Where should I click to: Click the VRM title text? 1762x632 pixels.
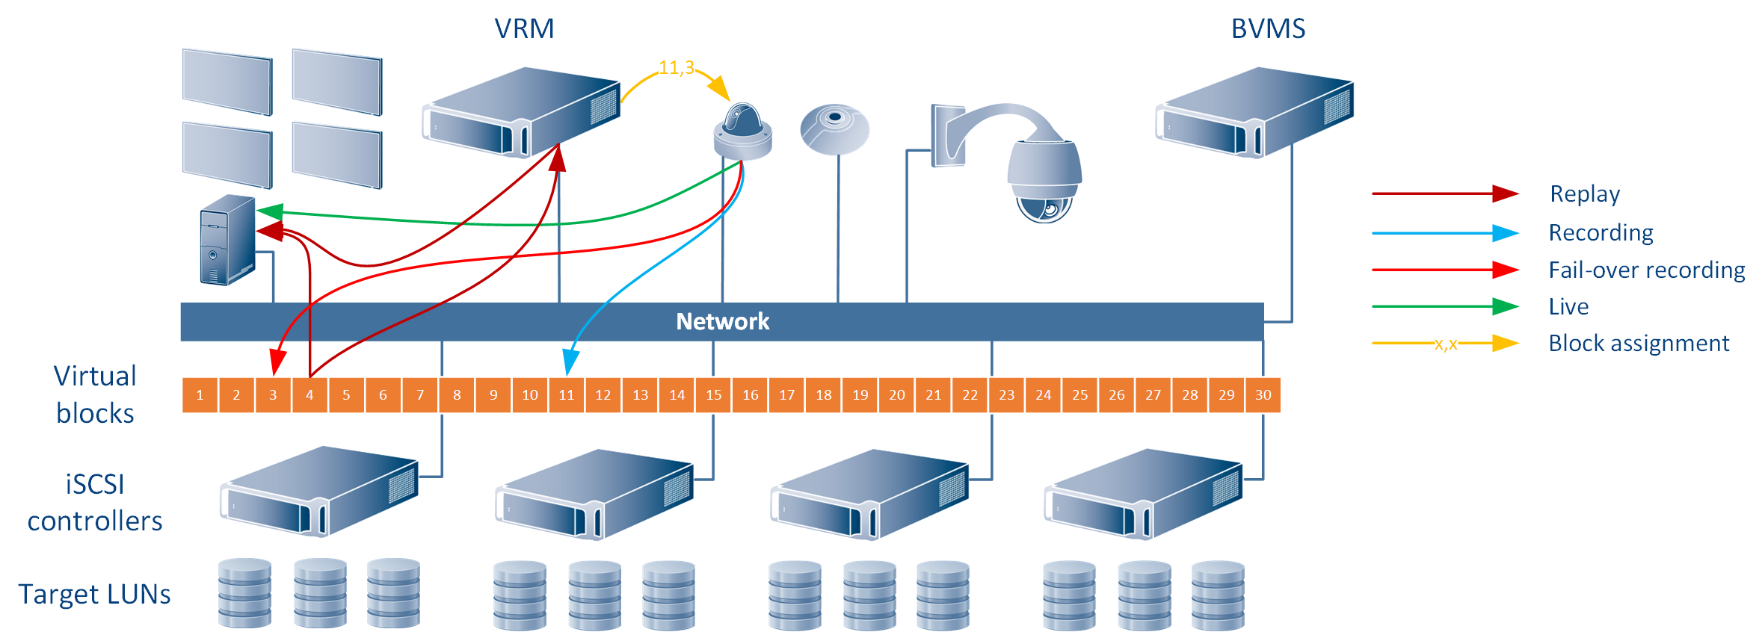click(x=524, y=29)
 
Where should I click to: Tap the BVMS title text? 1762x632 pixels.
click(x=1268, y=29)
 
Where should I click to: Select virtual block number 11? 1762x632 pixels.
click(x=567, y=395)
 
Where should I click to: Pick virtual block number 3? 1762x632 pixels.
click(x=273, y=395)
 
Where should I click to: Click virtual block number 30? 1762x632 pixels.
click(x=1263, y=395)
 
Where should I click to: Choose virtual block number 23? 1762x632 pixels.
click(x=1006, y=395)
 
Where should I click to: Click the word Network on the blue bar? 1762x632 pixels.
click(x=722, y=321)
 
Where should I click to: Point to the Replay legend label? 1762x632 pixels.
click(x=1585, y=194)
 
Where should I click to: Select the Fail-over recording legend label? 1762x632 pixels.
click(x=1646, y=270)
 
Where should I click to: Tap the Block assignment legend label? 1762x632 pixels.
click(x=1639, y=344)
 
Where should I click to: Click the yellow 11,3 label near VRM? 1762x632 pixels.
click(x=676, y=68)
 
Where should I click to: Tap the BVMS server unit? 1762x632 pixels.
click(x=1254, y=112)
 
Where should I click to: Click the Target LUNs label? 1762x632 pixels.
click(x=94, y=595)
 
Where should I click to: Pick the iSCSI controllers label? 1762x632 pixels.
click(x=94, y=503)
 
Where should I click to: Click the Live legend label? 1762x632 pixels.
click(x=1568, y=306)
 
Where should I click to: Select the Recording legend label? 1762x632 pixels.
click(x=1601, y=233)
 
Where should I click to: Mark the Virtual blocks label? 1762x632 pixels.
click(x=95, y=394)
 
